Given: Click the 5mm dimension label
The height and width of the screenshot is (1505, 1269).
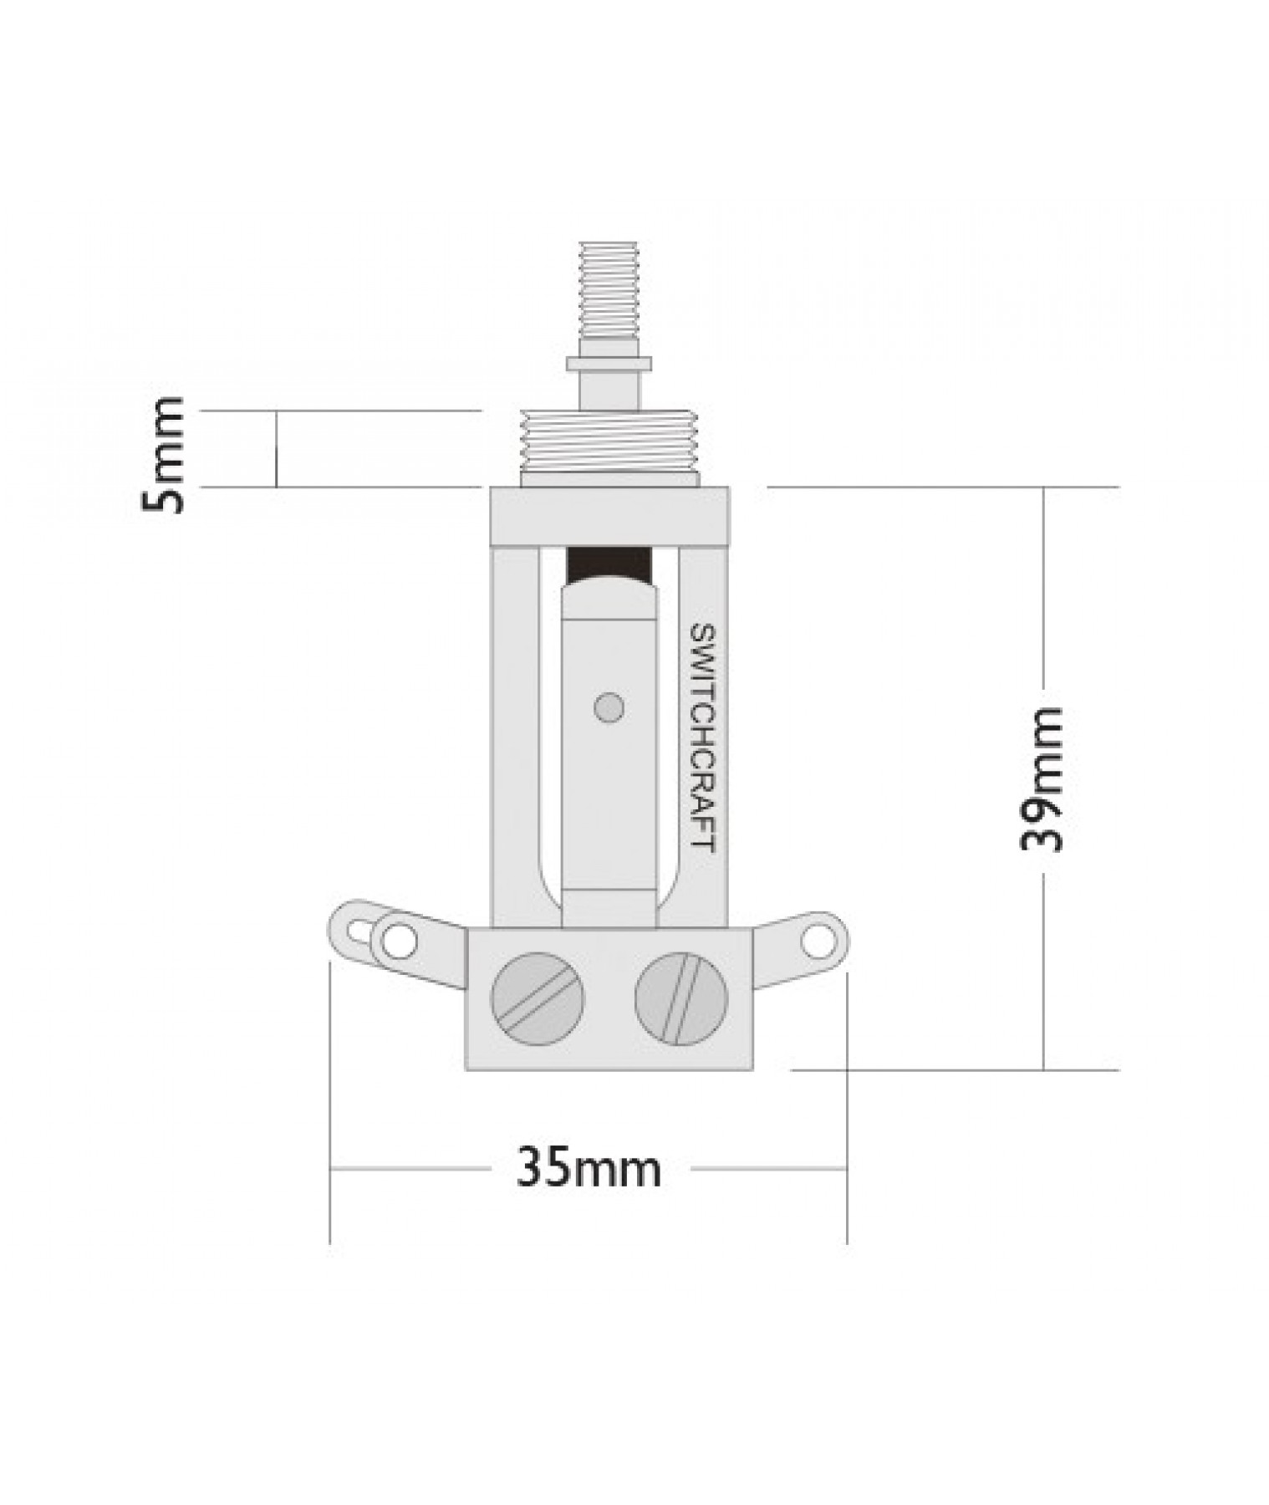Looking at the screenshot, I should pyautogui.click(x=164, y=455).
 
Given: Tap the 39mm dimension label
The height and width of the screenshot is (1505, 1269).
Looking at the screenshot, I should pyautogui.click(x=1042, y=778).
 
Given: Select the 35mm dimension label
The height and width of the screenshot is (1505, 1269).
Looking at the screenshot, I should pyautogui.click(x=589, y=1168).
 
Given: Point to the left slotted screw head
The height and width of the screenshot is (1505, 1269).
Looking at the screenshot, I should pyautogui.click(x=538, y=998).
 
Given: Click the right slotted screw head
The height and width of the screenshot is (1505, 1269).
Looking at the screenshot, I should pyautogui.click(x=681, y=998).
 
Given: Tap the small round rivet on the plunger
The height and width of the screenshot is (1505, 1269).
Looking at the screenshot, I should pyautogui.click(x=609, y=707).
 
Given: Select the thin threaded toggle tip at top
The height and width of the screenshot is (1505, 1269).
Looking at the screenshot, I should pyautogui.click(x=610, y=288).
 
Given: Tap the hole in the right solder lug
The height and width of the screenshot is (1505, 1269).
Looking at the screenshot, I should pyautogui.click(x=813, y=941).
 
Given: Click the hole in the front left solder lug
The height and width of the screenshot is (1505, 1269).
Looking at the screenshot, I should pyautogui.click(x=399, y=941).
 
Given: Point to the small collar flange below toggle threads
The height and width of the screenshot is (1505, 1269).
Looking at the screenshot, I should pyautogui.click(x=609, y=364).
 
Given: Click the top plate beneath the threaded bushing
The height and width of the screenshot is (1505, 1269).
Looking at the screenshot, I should pyautogui.click(x=609, y=516).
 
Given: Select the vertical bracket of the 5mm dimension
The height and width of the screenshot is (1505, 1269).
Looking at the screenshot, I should pyautogui.click(x=276, y=449).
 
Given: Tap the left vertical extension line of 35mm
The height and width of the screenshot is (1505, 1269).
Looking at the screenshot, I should pyautogui.click(x=330, y=1104).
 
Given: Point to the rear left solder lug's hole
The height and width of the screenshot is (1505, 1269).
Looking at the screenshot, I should pyautogui.click(x=358, y=930).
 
